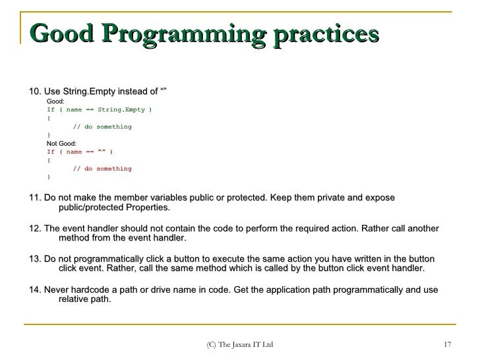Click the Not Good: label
coord(61,143)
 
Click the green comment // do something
coord(102,127)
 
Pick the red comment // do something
coord(102,169)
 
